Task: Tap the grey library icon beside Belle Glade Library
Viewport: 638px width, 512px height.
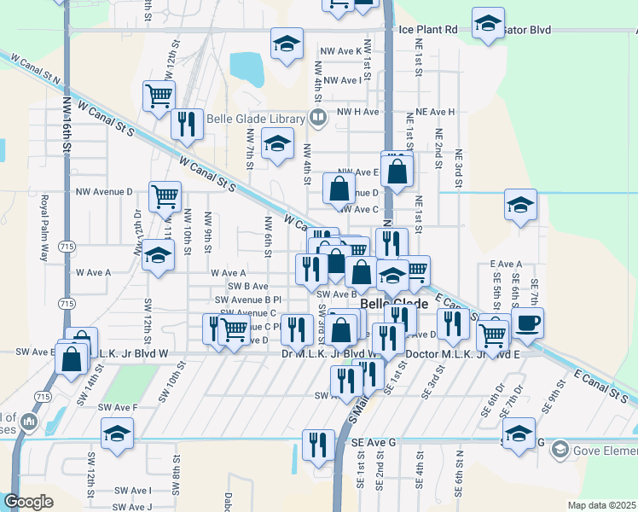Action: pyautogui.click(x=317, y=118)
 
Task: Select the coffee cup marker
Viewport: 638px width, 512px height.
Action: pyautogui.click(x=527, y=323)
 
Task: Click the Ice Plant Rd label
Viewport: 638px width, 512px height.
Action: pyautogui.click(x=428, y=29)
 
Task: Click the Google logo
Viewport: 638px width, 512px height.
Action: pyautogui.click(x=27, y=502)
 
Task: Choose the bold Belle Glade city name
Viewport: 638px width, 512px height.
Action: pyautogui.click(x=394, y=304)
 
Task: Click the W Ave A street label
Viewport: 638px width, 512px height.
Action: pyautogui.click(x=94, y=272)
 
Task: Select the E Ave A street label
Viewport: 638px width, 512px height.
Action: pyautogui.click(x=505, y=265)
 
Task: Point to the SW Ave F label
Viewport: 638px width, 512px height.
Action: pyautogui.click(x=118, y=408)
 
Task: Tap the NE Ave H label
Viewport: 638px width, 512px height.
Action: pyautogui.click(x=431, y=112)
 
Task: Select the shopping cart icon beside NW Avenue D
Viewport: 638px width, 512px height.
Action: pyautogui.click(x=165, y=196)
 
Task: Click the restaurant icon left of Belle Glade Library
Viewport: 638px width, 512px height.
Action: pyautogui.click(x=186, y=124)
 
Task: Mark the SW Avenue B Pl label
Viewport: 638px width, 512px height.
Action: pyautogui.click(x=248, y=300)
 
